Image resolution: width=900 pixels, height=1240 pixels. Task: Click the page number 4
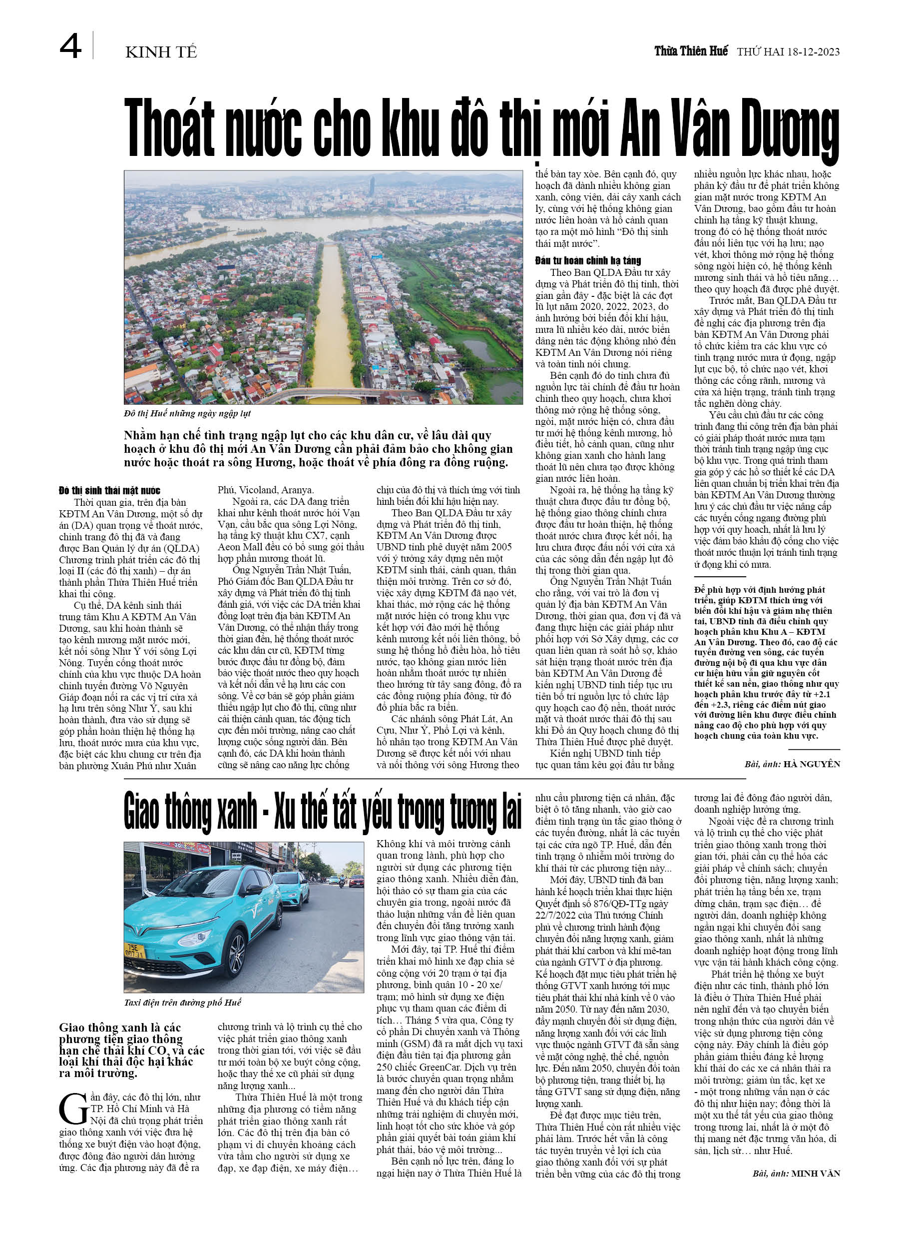coord(70,46)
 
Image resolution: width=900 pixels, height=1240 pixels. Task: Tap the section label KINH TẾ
coord(161,52)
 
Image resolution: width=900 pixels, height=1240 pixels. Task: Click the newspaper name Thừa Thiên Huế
coord(691,51)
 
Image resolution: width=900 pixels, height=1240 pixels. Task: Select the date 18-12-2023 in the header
coord(813,52)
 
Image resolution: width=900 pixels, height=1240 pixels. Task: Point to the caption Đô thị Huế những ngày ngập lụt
coord(187,413)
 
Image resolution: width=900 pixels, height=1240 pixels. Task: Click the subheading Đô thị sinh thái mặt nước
coord(109,490)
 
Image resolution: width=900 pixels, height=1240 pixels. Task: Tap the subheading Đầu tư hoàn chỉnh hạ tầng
coord(588,261)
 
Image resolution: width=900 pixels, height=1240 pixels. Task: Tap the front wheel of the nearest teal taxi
coord(237,954)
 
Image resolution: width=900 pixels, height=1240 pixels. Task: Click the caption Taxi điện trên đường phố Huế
coord(182,1002)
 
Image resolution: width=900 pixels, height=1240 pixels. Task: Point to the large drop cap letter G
coord(73,1109)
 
